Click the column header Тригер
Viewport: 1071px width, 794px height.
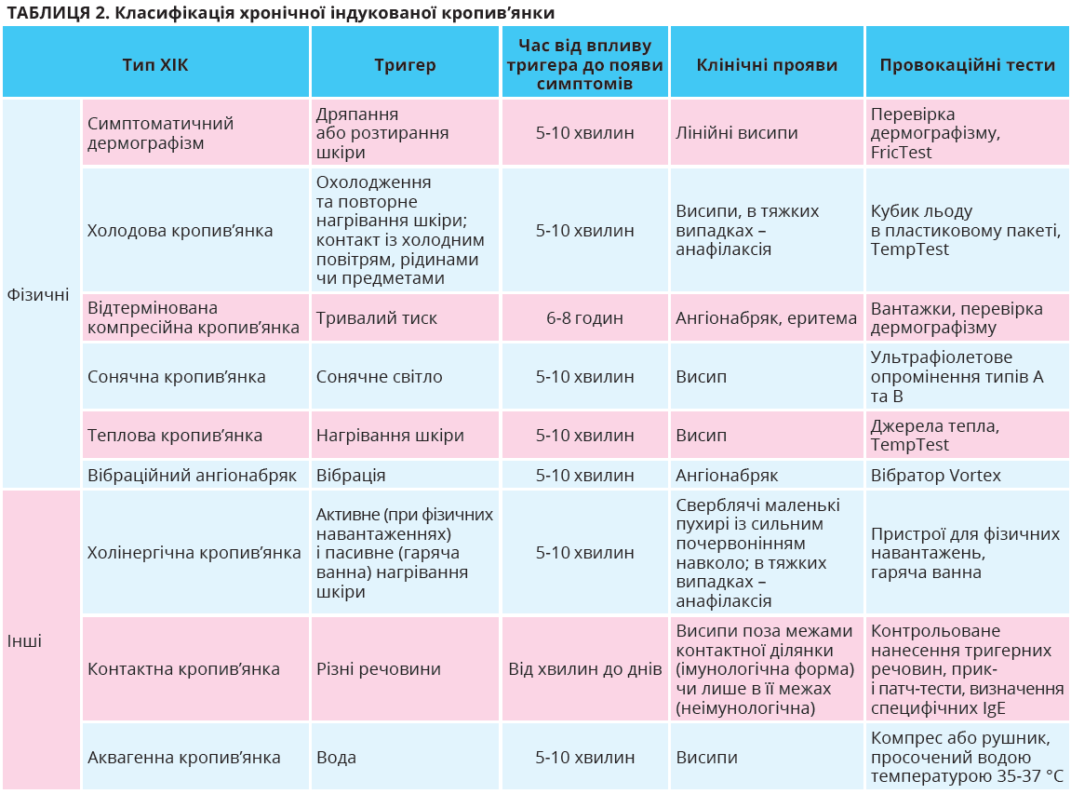(405, 65)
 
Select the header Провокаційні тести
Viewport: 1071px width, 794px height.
(967, 65)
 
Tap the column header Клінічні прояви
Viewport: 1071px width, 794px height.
(767, 65)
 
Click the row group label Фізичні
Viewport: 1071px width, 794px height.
(38, 294)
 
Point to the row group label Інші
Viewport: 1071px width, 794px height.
(25, 641)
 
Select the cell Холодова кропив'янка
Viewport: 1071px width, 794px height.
(180, 230)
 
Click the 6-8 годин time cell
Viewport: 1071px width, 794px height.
(584, 318)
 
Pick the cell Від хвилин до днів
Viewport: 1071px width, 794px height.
(584, 669)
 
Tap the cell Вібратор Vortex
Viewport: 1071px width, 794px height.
(936, 476)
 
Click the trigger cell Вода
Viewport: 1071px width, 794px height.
(336, 758)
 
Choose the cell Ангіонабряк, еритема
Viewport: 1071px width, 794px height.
(767, 318)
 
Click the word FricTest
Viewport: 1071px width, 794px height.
(902, 153)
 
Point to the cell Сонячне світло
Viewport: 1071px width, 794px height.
(380, 377)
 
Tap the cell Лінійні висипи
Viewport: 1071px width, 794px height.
(737, 133)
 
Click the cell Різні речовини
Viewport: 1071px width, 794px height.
(379, 669)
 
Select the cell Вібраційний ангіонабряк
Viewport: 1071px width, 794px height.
(192, 476)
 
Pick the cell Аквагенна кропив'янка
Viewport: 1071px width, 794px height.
(183, 758)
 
